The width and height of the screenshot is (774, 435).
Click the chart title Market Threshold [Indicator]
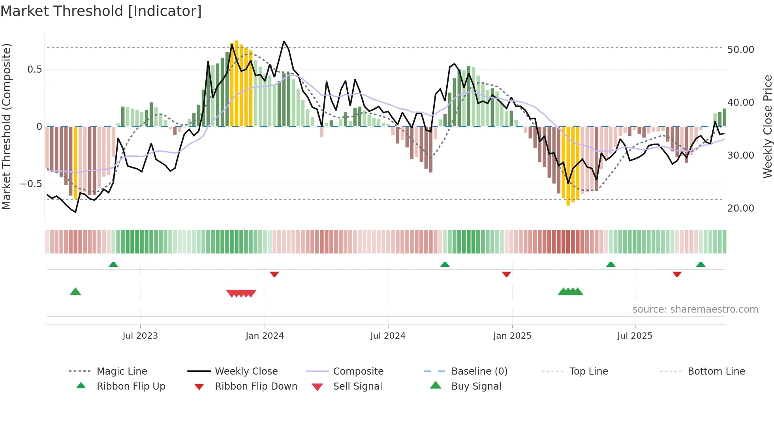click(101, 11)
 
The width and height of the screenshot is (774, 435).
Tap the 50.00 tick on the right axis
click(740, 50)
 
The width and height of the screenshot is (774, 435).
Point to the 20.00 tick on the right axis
click(740, 208)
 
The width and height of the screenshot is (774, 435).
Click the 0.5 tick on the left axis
click(34, 69)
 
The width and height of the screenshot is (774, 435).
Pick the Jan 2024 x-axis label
click(265, 336)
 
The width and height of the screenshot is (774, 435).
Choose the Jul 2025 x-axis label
click(635, 336)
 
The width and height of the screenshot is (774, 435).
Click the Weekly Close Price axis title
click(767, 126)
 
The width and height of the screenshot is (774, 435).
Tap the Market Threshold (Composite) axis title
click(6, 126)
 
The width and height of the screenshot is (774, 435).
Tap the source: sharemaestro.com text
click(695, 309)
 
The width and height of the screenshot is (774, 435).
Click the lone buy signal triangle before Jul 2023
click(75, 292)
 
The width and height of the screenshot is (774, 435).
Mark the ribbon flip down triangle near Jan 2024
click(274, 274)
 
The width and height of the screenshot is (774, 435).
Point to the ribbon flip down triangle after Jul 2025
click(677, 274)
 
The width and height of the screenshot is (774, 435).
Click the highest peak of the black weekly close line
click(284, 41)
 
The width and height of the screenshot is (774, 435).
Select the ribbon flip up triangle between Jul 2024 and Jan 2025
click(445, 264)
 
